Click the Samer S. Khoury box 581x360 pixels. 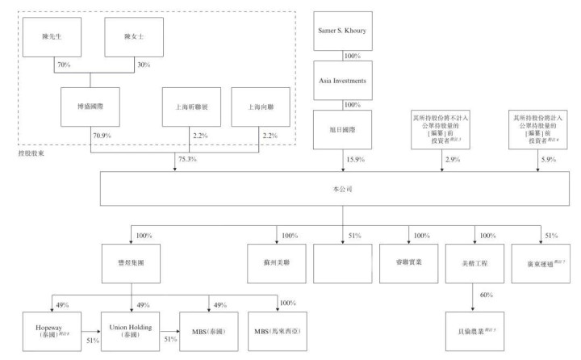[x=344, y=31]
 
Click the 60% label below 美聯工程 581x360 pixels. [x=486, y=295]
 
